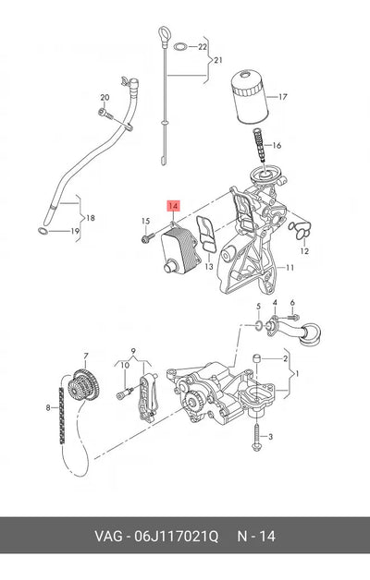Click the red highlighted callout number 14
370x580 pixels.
tap(173, 206)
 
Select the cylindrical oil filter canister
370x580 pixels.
tap(250, 98)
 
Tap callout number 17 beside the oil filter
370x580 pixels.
tap(283, 97)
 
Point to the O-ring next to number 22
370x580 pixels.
tap(180, 46)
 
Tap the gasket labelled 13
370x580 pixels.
tap(206, 235)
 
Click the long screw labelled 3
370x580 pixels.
tap(256, 437)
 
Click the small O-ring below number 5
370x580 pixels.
tap(259, 325)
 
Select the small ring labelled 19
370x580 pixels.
tap(43, 232)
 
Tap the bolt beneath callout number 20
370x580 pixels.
tap(105, 114)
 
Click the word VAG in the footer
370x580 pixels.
tap(108, 536)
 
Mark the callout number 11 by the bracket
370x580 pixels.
tap(290, 267)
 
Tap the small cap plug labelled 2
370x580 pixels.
tap(257, 358)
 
